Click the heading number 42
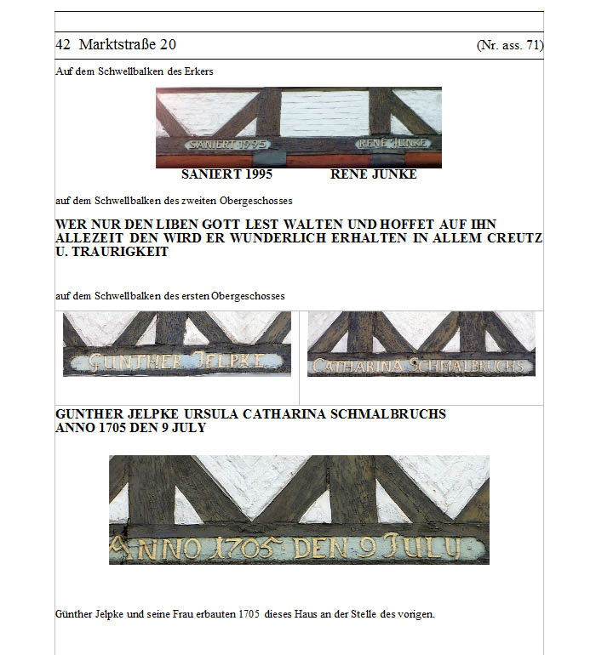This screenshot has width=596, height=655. click(x=63, y=44)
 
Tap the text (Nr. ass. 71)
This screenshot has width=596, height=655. click(x=510, y=45)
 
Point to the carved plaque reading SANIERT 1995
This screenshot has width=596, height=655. click(x=228, y=144)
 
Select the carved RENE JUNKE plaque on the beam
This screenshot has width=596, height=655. click(x=393, y=143)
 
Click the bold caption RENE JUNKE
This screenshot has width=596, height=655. click(x=374, y=174)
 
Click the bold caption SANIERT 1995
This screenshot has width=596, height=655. click(x=226, y=174)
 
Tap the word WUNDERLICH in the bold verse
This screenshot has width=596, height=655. click(x=278, y=238)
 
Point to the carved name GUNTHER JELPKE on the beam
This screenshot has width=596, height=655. click(x=177, y=362)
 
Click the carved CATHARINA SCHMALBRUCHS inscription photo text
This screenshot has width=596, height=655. click(x=418, y=366)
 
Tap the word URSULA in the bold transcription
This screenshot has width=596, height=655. click(x=211, y=414)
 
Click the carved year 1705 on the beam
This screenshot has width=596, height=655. click(x=247, y=548)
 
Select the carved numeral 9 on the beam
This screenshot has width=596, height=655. click(x=367, y=547)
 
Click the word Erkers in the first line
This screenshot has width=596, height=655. click(x=198, y=71)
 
